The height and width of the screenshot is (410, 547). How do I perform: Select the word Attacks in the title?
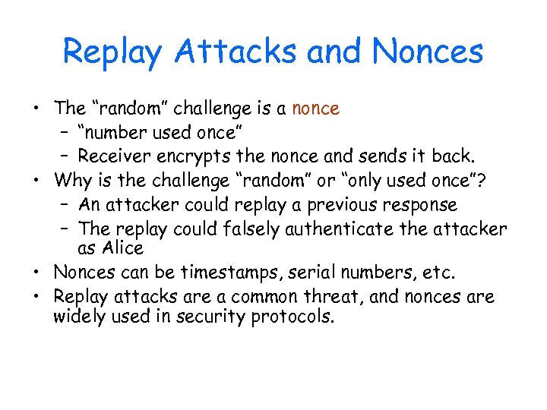click(234, 52)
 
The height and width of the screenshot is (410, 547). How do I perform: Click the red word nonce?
click(315, 109)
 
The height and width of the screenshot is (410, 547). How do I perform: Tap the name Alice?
click(121, 248)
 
